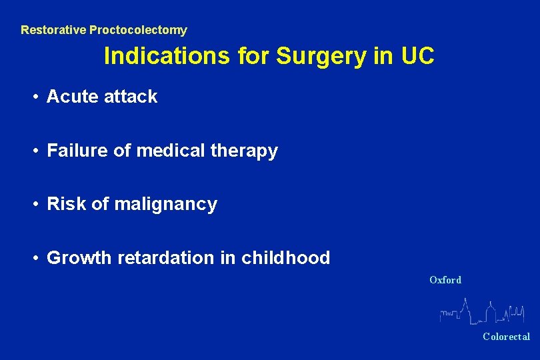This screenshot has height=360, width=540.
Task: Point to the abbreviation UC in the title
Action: pos(417,57)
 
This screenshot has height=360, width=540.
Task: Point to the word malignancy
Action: pos(166,204)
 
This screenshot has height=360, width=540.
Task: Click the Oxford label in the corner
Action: pos(445,280)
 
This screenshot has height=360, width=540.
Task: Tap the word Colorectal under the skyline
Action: pos(506,337)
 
